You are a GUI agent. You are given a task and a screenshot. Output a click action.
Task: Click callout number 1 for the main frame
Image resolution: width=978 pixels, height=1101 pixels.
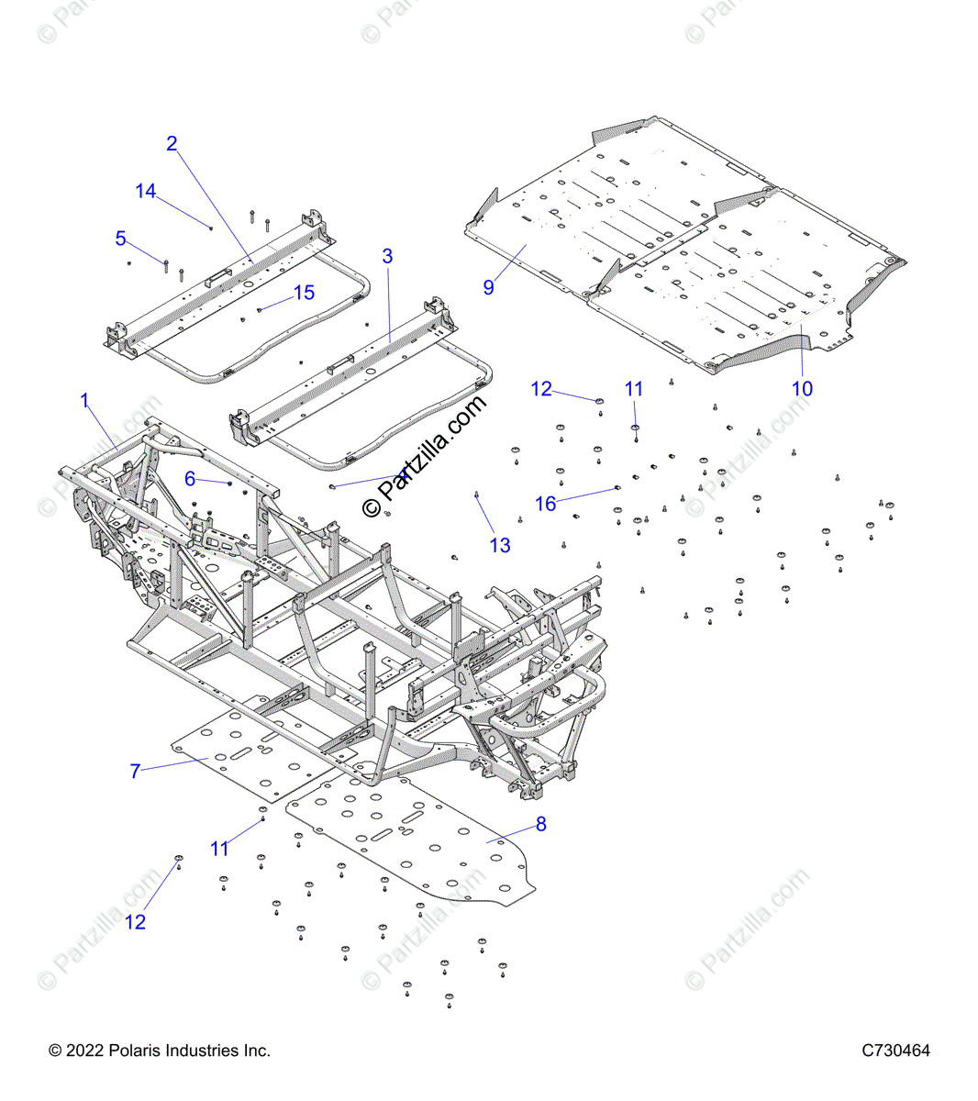coord(84,400)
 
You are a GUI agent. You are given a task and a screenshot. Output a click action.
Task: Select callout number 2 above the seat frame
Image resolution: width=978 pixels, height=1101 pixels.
coord(172,143)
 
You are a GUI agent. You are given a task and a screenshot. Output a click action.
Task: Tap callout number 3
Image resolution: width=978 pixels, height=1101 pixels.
coord(387,256)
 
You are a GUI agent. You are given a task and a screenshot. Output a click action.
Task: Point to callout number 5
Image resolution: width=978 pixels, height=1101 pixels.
coord(120,239)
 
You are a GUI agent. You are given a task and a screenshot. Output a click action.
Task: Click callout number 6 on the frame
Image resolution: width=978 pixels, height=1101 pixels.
coord(190,478)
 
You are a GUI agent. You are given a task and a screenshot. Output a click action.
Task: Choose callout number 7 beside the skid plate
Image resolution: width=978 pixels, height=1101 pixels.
coord(135,771)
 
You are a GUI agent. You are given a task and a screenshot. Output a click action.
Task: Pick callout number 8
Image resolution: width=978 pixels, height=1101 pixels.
coord(540,824)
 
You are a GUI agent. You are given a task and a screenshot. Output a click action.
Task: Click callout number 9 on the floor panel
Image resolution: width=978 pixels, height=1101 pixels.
coord(488,286)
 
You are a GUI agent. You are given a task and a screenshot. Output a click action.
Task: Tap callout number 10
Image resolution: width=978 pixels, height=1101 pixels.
coord(802,388)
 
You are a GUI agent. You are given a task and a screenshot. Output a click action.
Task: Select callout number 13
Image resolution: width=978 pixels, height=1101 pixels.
coord(500,545)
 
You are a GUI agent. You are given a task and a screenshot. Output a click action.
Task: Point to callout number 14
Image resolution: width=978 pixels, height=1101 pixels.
coord(146,191)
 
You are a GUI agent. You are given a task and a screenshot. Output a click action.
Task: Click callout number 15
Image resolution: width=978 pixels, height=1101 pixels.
coord(304,292)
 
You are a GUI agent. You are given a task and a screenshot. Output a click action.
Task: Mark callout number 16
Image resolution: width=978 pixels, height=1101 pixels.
coord(546,504)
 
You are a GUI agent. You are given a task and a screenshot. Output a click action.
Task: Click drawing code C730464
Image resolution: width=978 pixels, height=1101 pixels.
coord(895,1051)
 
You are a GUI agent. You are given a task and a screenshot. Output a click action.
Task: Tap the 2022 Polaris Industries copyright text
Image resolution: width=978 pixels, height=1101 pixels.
coord(160,1051)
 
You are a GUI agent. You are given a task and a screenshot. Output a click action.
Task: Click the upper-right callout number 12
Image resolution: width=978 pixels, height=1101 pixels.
coord(541,389)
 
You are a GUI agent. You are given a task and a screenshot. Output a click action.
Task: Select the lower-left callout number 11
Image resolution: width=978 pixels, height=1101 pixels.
coord(219,849)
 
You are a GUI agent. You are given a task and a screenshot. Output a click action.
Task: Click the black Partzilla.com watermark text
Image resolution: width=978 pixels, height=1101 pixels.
coord(424,457)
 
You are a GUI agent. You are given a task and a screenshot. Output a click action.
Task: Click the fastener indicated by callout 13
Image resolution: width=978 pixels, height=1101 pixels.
coord(477,495)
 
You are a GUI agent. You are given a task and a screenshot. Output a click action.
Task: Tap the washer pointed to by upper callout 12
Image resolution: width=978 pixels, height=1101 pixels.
coord(599,401)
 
